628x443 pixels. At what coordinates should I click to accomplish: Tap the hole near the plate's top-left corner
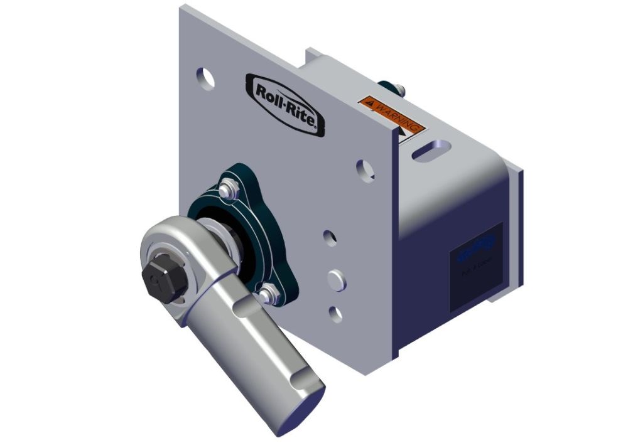[205, 78]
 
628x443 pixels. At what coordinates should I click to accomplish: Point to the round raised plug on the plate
[336, 279]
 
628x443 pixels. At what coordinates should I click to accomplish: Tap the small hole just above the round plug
[328, 237]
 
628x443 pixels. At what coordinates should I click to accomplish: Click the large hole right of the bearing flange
[364, 168]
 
